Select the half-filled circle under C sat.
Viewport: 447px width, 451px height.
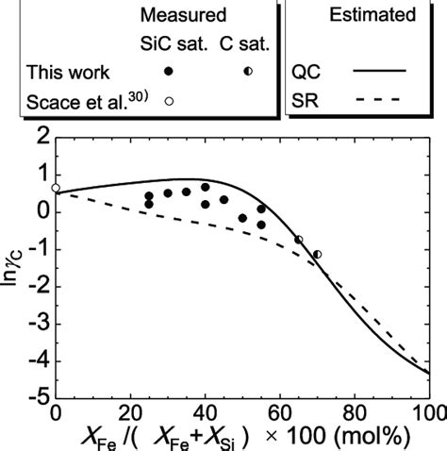click(x=248, y=71)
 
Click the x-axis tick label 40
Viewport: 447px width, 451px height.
click(x=205, y=413)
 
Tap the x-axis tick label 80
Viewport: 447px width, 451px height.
click(x=354, y=413)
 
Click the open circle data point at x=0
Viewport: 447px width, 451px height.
click(x=56, y=188)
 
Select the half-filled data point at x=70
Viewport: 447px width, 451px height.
click(x=318, y=254)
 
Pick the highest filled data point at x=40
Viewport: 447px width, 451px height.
click(x=205, y=187)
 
